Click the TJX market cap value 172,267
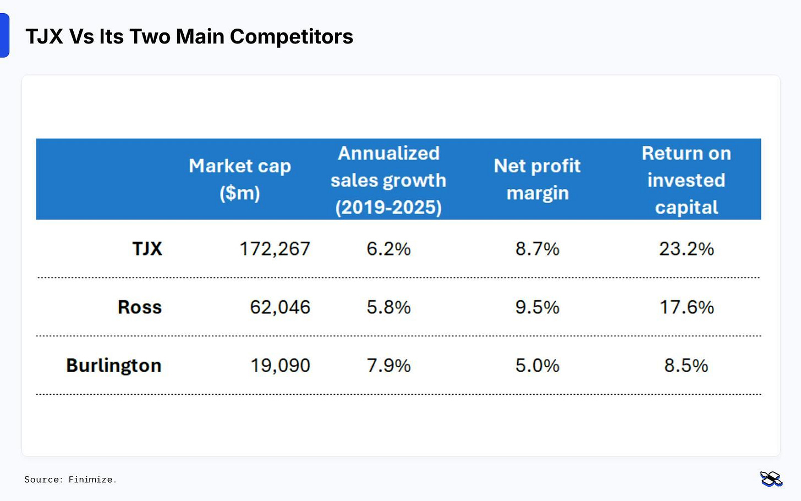[275, 249]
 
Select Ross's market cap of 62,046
[280, 307]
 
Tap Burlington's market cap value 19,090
[280, 366]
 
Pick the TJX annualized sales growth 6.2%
[388, 249]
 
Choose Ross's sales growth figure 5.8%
[388, 307]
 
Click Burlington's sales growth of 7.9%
[388, 366]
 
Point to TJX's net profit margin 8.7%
[537, 249]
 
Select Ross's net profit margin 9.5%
[537, 307]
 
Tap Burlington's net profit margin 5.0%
[537, 366]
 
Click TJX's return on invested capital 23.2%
[686, 249]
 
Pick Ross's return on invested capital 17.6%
[686, 307]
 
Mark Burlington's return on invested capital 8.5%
[686, 366]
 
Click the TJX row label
[147, 249]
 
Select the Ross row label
[140, 307]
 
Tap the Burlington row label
[114, 366]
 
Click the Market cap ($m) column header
[240, 179]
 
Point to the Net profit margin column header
[537, 179]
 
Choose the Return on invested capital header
[686, 179]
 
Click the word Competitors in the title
[291, 37]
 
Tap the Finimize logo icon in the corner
[771, 479]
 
